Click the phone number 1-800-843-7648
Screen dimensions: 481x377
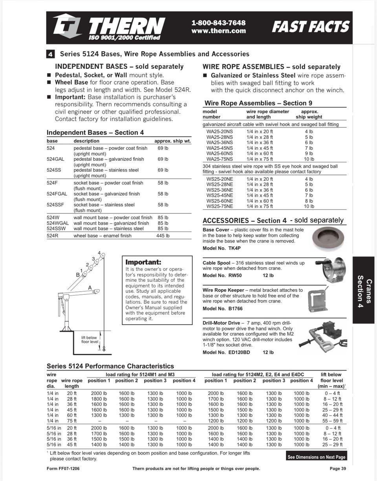click(x=218, y=23)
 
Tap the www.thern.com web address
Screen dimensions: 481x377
click(x=218, y=31)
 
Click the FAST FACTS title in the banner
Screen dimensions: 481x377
click(x=310, y=27)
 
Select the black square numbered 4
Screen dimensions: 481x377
click(x=51, y=54)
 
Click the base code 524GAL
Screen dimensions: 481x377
click(x=55, y=159)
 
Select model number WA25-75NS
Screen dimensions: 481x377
click(x=220, y=159)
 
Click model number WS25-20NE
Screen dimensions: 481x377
click(x=220, y=179)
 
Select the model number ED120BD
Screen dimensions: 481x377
click(x=239, y=352)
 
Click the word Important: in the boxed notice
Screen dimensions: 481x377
click(x=143, y=262)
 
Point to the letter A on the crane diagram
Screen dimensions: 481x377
click(x=90, y=288)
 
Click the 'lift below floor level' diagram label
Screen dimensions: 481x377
click(x=89, y=340)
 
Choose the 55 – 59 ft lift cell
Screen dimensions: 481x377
click(x=332, y=420)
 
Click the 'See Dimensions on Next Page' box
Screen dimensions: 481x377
click(x=316, y=457)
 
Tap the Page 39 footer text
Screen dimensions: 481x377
click(x=338, y=468)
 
